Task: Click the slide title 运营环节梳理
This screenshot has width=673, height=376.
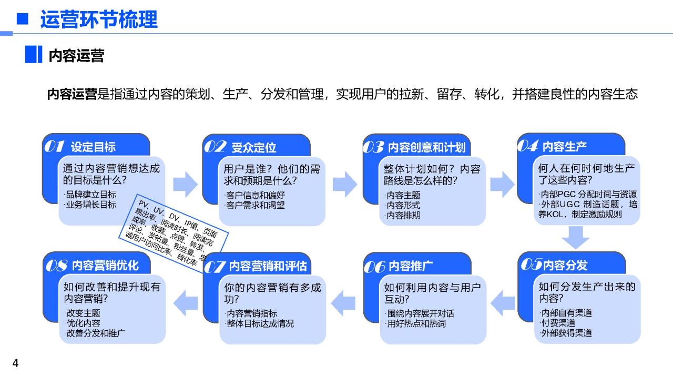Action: point(99,19)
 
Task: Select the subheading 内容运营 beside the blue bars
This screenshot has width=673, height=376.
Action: point(76,56)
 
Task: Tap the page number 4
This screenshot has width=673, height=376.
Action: point(15,363)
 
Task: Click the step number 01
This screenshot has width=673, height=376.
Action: point(54,146)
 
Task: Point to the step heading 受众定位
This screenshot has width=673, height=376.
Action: point(253,148)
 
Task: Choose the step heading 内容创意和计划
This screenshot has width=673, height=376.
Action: point(426,148)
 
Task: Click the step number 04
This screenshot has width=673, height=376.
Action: point(527,146)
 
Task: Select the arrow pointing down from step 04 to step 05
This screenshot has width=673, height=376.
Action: point(576,238)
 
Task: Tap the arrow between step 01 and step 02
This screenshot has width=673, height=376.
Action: point(186,184)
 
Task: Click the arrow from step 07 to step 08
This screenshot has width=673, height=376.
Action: point(186,303)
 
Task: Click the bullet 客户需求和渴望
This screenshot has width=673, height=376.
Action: point(254,205)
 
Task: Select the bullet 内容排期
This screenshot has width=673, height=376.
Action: point(402,215)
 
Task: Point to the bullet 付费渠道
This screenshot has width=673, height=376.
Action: point(558,323)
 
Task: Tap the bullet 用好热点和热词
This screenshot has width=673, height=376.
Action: point(415,324)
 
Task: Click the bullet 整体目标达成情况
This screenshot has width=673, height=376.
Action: point(260,324)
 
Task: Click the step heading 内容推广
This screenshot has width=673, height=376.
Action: point(411,266)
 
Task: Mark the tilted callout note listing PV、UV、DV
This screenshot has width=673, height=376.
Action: point(174,233)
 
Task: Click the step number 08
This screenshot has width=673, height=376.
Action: point(56,266)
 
